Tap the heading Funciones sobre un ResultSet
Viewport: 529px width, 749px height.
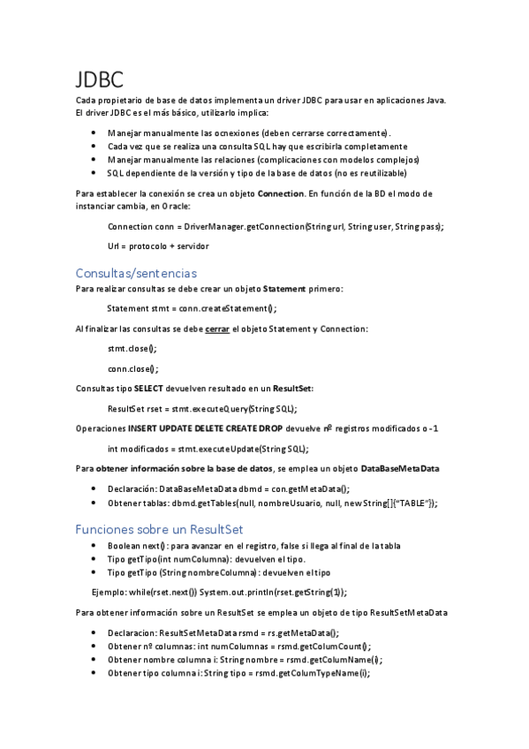click(159, 529)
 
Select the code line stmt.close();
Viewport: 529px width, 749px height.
click(132, 349)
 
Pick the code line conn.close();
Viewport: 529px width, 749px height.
click(132, 368)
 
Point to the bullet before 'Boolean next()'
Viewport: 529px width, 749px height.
click(94, 547)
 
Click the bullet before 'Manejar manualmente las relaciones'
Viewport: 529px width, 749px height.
click(94, 160)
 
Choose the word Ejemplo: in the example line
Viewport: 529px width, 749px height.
click(111, 592)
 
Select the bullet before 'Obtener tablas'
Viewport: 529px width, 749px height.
click(94, 503)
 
